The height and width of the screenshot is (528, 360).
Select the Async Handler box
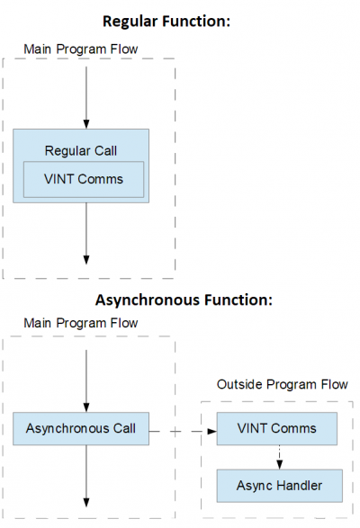[x=280, y=486]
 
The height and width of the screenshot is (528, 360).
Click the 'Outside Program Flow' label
[x=285, y=384]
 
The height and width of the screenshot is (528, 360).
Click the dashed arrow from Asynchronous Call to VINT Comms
[x=185, y=431]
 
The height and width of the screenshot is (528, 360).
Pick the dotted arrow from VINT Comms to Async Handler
[x=280, y=457]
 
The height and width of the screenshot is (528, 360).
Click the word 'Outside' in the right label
[x=246, y=384]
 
